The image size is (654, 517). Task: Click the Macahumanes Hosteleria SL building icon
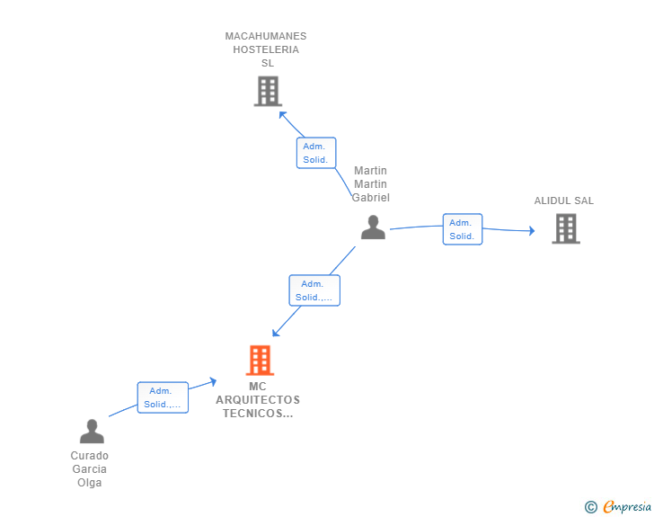pos(268,91)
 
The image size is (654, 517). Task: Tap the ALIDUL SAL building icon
pos(565,228)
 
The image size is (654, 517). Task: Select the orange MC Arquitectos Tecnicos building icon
pos(260,361)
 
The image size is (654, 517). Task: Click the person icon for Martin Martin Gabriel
pos(373,227)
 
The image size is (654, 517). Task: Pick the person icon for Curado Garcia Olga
pos(92,432)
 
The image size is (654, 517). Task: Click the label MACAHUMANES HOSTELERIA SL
pos(266,49)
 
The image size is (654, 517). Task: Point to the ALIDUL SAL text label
pos(564,201)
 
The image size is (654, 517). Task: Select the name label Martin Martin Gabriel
pos(371,184)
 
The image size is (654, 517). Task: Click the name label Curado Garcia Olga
pos(90,469)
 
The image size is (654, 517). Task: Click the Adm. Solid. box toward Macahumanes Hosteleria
pos(316,153)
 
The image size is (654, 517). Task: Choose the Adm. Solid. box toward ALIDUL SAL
pos(463,229)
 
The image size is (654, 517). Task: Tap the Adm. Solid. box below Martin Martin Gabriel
pos(314,290)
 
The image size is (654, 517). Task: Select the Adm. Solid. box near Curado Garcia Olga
pos(163,397)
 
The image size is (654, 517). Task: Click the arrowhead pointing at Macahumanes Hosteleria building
pos(282,113)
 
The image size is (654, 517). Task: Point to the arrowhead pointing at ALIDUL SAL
pos(531,231)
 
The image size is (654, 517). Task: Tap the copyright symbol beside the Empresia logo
pos(591,507)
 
